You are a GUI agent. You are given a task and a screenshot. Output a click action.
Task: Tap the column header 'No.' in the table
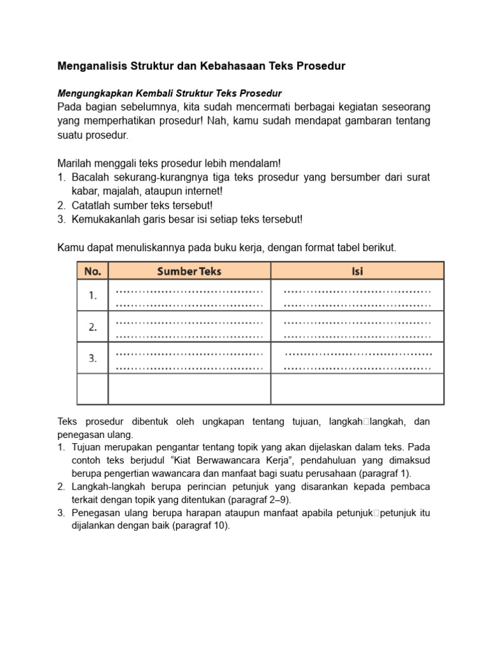click(x=93, y=271)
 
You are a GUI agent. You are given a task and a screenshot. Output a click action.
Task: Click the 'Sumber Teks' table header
click(x=189, y=271)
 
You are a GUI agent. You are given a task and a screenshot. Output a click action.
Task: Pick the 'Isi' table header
click(x=357, y=271)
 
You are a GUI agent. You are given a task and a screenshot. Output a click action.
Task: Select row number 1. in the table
click(x=93, y=295)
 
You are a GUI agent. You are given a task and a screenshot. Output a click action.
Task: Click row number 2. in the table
click(x=93, y=327)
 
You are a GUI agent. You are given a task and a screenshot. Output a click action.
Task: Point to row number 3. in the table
click(x=93, y=359)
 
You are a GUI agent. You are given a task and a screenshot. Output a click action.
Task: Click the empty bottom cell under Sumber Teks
click(x=189, y=388)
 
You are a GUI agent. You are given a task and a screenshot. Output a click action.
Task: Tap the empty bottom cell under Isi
click(x=357, y=388)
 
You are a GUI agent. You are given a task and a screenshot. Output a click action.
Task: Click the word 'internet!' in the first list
click(x=202, y=190)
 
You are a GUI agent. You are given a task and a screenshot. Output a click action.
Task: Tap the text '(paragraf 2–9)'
click(x=261, y=500)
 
